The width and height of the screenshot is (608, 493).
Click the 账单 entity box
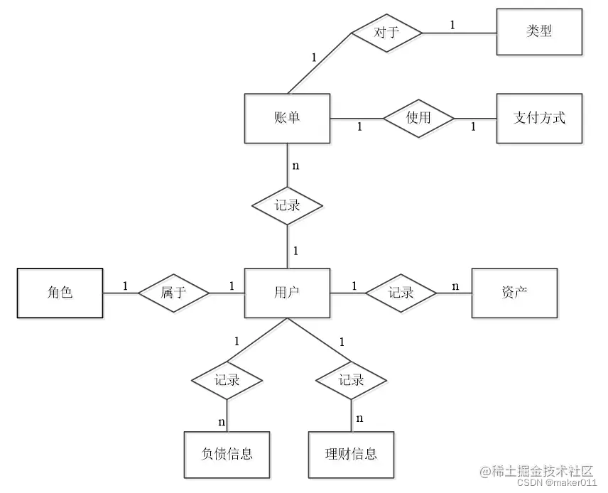tap(287, 118)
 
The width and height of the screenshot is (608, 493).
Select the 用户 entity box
tap(287, 292)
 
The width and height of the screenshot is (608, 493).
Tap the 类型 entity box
tap(539, 32)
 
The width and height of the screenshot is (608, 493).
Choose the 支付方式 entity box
tap(539, 118)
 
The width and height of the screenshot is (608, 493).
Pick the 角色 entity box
tap(60, 292)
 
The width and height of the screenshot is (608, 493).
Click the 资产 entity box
tap(514, 292)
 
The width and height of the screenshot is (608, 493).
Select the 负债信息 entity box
tap(227, 453)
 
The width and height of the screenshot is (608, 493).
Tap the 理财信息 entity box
tap(351, 453)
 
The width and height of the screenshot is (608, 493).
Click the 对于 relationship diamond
tap(387, 32)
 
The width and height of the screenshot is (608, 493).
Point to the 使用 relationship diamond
tap(418, 118)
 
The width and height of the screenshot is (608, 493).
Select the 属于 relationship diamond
tap(173, 292)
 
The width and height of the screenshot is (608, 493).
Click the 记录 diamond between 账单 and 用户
tap(287, 206)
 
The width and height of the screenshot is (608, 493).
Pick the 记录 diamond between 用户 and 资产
tap(401, 292)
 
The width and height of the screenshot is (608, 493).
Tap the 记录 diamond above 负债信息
tap(227, 380)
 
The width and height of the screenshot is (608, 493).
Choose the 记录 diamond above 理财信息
tap(351, 380)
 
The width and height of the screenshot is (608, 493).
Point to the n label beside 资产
tap(455, 286)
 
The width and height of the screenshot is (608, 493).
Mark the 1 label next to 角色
tap(125, 286)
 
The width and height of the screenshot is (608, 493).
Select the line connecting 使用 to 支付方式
tap(474, 118)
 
